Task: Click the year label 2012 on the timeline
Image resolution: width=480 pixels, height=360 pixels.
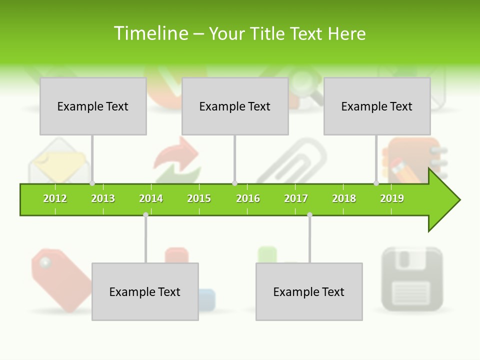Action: (x=55, y=198)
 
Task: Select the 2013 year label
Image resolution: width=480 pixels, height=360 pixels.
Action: (x=103, y=198)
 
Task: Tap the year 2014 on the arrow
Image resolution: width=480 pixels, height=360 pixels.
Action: (x=151, y=198)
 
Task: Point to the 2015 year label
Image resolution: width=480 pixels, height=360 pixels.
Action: (x=199, y=198)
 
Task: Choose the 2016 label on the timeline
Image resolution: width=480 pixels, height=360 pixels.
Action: (x=248, y=198)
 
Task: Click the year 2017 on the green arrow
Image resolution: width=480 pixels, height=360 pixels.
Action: (x=296, y=198)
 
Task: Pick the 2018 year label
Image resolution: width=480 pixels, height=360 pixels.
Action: (x=344, y=198)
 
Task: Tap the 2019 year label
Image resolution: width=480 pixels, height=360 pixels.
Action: (x=392, y=198)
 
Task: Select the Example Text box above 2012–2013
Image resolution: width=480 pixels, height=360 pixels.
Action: (x=93, y=106)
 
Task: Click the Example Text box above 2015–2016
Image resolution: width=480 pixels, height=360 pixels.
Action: (x=235, y=106)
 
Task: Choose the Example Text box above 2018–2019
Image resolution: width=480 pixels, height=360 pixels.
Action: (x=377, y=106)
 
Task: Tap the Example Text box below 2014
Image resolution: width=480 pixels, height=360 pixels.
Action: (x=145, y=291)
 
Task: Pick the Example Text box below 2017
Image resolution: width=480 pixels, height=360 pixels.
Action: (x=309, y=291)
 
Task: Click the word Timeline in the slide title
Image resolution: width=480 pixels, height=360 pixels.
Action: (x=150, y=33)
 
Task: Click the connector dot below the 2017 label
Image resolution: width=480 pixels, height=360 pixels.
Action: (x=310, y=215)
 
